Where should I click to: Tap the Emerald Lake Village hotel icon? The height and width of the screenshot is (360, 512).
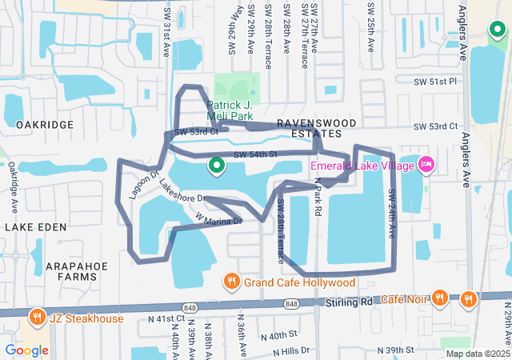click(426, 165)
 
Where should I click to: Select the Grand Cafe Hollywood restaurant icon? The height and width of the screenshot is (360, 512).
click(232, 282)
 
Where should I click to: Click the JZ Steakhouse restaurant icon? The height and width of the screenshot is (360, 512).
click(37, 318)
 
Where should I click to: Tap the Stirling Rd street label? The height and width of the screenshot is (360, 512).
click(350, 302)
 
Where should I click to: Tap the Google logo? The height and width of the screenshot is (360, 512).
click(26, 350)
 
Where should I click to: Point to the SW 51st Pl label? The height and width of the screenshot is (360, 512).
click(434, 82)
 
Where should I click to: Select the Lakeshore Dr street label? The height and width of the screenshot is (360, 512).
click(182, 190)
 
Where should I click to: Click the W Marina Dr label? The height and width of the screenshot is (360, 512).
click(218, 218)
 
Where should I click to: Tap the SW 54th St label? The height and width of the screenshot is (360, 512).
click(254, 154)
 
